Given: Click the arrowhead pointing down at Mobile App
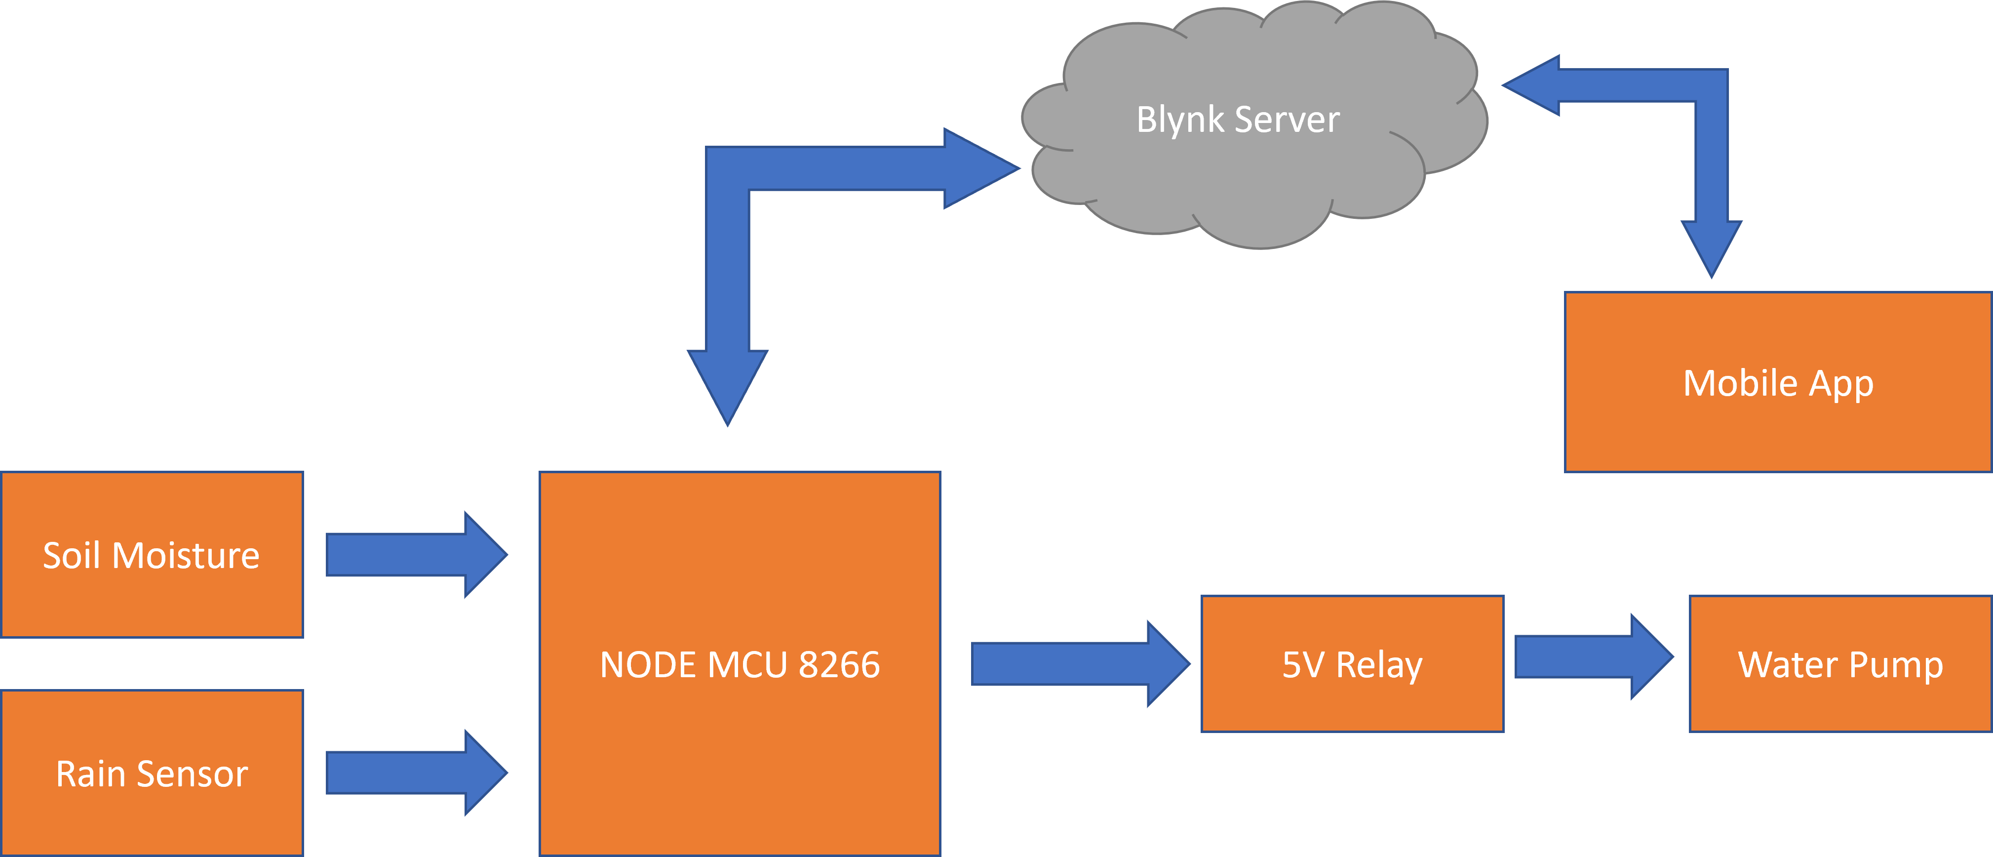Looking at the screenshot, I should [x=1712, y=246].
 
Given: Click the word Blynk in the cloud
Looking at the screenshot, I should [x=1180, y=120].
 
